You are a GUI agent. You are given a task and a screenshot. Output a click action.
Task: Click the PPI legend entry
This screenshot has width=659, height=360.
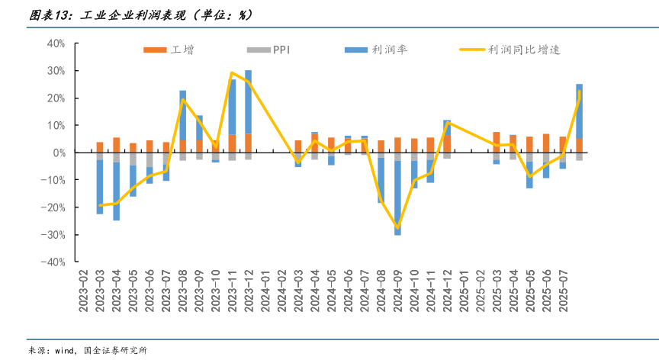(x=268, y=50)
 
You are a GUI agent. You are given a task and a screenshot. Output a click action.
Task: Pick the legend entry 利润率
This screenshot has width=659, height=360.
(x=376, y=50)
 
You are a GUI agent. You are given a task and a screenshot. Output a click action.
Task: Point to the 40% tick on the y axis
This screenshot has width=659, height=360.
(x=56, y=44)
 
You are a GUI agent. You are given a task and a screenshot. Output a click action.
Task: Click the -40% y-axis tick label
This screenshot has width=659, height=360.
(x=53, y=262)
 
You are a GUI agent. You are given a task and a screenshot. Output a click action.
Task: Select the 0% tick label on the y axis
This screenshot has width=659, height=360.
(x=59, y=153)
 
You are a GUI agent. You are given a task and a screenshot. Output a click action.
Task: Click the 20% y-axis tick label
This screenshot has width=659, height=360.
(x=56, y=98)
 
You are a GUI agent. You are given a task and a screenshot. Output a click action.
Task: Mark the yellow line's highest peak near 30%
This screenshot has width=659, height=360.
(x=232, y=72)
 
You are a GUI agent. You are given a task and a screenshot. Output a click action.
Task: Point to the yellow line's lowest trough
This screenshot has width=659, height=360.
(x=397, y=227)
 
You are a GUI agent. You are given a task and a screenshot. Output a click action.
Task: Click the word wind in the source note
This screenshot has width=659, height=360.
(x=62, y=350)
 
